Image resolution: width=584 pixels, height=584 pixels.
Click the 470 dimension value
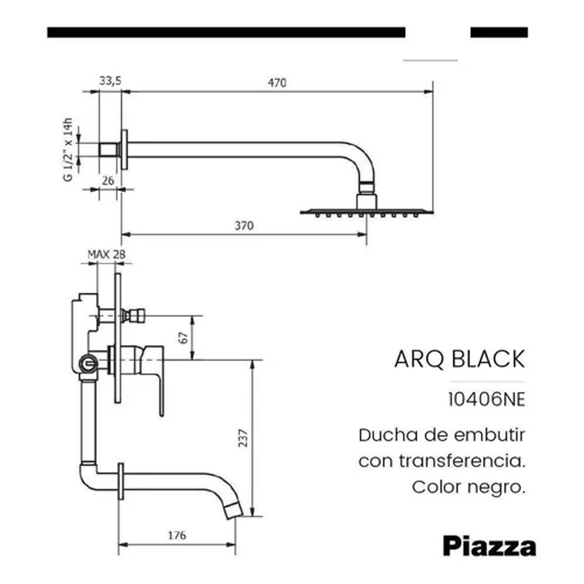coord(277,82)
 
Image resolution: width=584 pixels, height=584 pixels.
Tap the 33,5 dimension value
coord(110,81)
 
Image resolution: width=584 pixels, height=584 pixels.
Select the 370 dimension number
coord(244,225)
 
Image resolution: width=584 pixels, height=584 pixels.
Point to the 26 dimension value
coord(108,181)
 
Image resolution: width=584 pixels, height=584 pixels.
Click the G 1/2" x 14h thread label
coord(68,150)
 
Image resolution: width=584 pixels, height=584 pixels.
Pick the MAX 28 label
coord(107,254)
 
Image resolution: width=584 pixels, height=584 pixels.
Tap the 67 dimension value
coord(183,338)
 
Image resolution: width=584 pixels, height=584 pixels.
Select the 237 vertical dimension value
coord(243,439)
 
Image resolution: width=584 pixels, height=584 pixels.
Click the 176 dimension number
coord(176,535)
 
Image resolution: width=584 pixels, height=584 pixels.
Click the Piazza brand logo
coord(489,546)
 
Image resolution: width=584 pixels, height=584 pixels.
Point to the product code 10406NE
coord(487,400)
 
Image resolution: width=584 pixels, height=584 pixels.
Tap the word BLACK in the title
coord(488,359)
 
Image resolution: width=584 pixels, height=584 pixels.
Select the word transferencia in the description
coord(462,461)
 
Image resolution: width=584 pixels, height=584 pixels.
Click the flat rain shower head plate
coord(367,212)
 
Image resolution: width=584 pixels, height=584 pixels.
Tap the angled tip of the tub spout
coord(234,510)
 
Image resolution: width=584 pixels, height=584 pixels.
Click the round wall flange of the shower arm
coord(124,150)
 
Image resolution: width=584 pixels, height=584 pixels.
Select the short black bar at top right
coord(499,32)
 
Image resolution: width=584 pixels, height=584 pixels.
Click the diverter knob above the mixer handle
coord(132,315)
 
